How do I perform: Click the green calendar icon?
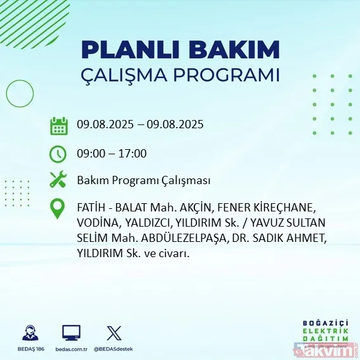point(58,125)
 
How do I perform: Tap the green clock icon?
point(58,154)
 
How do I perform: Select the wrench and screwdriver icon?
point(58,180)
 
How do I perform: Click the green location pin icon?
point(58,210)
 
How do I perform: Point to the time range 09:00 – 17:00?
point(112,154)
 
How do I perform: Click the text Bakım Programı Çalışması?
point(144,181)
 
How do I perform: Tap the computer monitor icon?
point(71,333)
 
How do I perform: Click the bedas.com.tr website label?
point(71,349)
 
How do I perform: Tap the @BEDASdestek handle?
point(114,349)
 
